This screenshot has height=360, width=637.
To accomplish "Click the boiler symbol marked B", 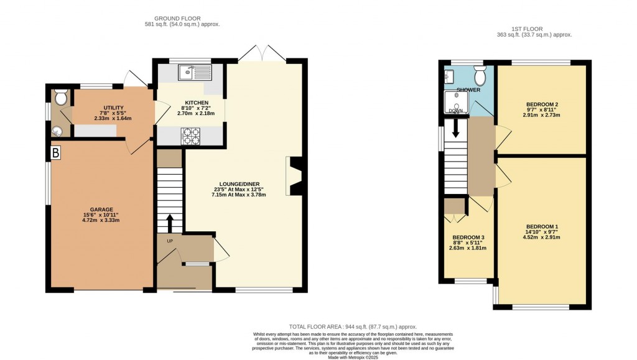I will point(56,152).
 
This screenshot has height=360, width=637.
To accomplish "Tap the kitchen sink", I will point(195,73).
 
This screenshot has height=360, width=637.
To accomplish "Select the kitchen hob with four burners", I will point(191,136).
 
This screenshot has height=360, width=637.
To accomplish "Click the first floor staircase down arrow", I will point(455,129).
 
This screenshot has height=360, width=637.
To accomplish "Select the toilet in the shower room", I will point(480,76).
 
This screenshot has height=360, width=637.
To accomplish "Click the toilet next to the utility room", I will point(61,98).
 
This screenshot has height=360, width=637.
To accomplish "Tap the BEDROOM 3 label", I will point(468,238).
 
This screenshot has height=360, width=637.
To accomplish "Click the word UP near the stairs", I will point(169,241).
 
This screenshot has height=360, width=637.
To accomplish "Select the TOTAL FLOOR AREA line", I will point(353,326).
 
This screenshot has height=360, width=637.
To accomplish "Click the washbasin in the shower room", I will point(449,76).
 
